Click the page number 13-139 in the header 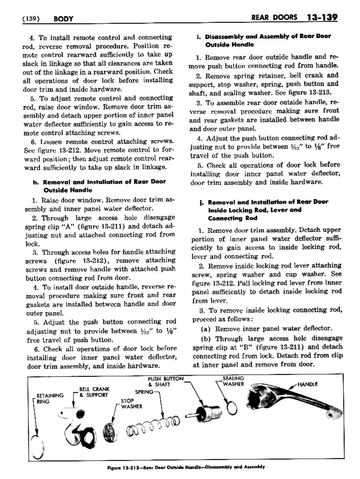pos(321,17)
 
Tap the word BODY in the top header pos(63,19)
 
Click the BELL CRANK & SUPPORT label pos(94,392)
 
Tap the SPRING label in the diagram pos(144,392)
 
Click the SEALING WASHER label pos(233,381)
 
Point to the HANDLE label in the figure pos(308,384)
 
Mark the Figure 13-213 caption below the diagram pos(186,467)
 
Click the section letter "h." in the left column pos(35,182)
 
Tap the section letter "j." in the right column pos(201,202)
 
